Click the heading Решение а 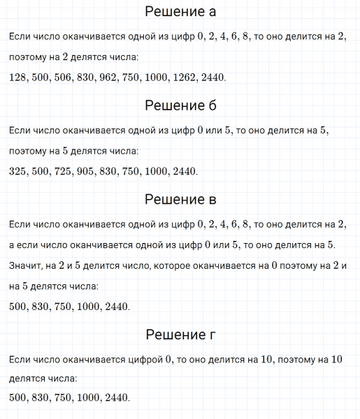pos(180,12)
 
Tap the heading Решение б pos(180,105)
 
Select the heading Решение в pos(180,199)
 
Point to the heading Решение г pos(180,335)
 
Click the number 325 pos(18,171)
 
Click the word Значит pos(26,265)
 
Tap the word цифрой pos(141,360)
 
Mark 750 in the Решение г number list pos(62,397)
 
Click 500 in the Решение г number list pos(18,397)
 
